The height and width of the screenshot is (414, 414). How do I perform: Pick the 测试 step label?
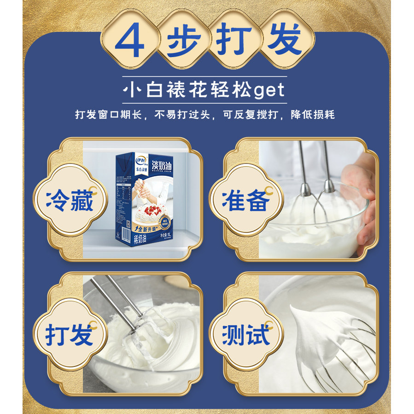(x=245, y=334)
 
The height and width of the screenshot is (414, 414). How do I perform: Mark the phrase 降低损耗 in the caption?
(x=313, y=115)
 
